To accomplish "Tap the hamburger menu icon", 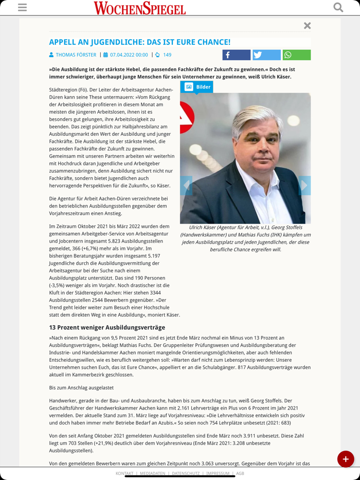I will point(22,7).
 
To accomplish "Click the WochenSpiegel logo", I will point(139,8).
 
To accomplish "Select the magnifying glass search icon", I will point(338,7).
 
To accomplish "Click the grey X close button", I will point(307,26).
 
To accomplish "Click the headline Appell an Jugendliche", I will point(139,42).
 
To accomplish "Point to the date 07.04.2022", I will point(129,55).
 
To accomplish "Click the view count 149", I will point(167,55).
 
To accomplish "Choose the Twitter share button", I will point(266,55).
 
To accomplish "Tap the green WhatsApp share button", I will point(296,55).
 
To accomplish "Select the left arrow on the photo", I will point(186,185).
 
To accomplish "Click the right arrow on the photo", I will point(304,185).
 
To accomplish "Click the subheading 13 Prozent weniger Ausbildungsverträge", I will point(107,327).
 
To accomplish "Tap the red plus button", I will point(345,459).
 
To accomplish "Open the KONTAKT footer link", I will point(124,473).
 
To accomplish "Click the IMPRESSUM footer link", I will point(218,473).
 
